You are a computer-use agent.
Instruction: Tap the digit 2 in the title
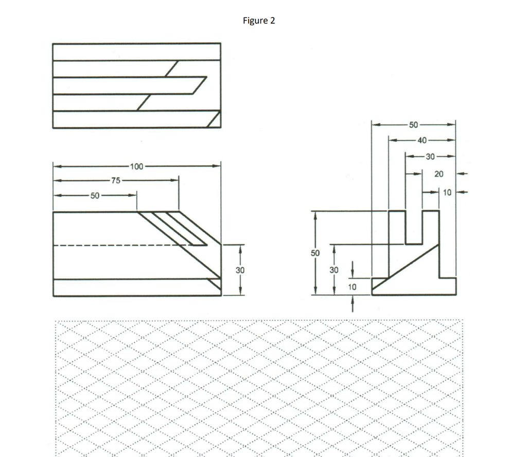coord(272,21)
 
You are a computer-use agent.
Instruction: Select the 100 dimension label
coord(137,166)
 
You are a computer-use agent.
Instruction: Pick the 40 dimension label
coord(421,140)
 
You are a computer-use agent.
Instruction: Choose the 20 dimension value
coord(438,174)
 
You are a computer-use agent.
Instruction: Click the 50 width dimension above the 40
coord(414,125)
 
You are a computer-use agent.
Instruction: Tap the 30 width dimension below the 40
coord(430,156)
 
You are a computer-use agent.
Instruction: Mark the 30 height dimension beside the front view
coord(240,270)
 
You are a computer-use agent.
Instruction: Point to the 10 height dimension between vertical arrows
coord(353,286)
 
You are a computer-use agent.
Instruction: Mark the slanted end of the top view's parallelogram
coord(199,85)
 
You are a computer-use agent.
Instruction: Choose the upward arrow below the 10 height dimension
coord(353,306)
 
